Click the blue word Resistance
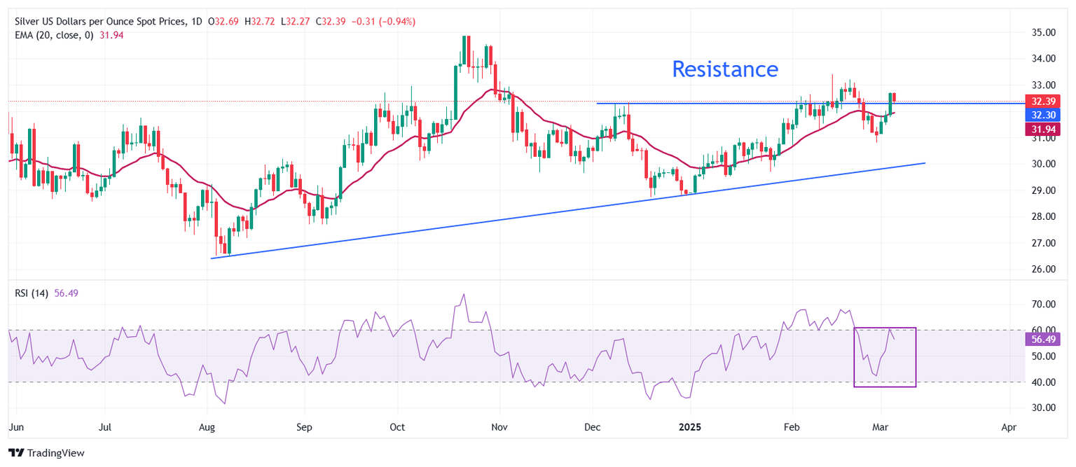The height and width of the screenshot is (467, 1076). tap(725, 69)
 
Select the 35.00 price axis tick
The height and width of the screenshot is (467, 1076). tap(1043, 32)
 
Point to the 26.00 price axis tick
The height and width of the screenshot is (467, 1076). tap(1043, 269)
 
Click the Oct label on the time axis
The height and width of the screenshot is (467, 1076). tap(398, 426)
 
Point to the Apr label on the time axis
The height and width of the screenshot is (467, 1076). tap(1009, 426)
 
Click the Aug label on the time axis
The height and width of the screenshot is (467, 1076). tap(207, 426)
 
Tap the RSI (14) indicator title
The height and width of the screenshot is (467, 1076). tap(32, 293)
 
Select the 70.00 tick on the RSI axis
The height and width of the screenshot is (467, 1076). tap(1043, 304)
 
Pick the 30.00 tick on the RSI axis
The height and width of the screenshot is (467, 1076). tap(1043, 407)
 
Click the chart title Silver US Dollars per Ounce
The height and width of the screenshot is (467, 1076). tap(98, 22)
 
